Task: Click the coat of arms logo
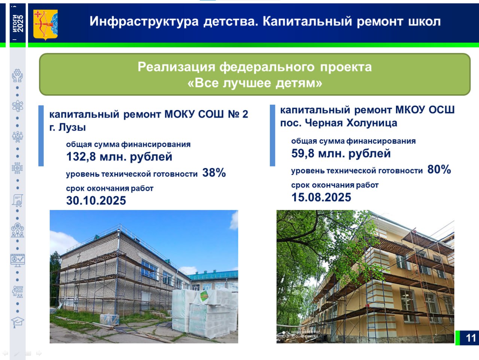point(45,25)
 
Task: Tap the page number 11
point(471,338)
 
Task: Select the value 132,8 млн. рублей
point(119,157)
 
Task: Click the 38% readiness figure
point(214,173)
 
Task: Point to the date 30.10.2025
point(96,200)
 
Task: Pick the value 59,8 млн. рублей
point(341,153)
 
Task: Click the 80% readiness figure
point(439,169)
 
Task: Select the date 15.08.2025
point(321,197)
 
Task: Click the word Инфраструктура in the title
point(144,21)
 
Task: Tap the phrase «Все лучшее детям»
point(255,83)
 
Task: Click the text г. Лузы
point(67,127)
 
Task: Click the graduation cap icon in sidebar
point(18,322)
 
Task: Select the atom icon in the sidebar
point(18,106)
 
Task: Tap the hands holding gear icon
point(18,76)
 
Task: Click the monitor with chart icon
point(18,260)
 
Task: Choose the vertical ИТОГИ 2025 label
point(18,23)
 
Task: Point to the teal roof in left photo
point(213,275)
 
